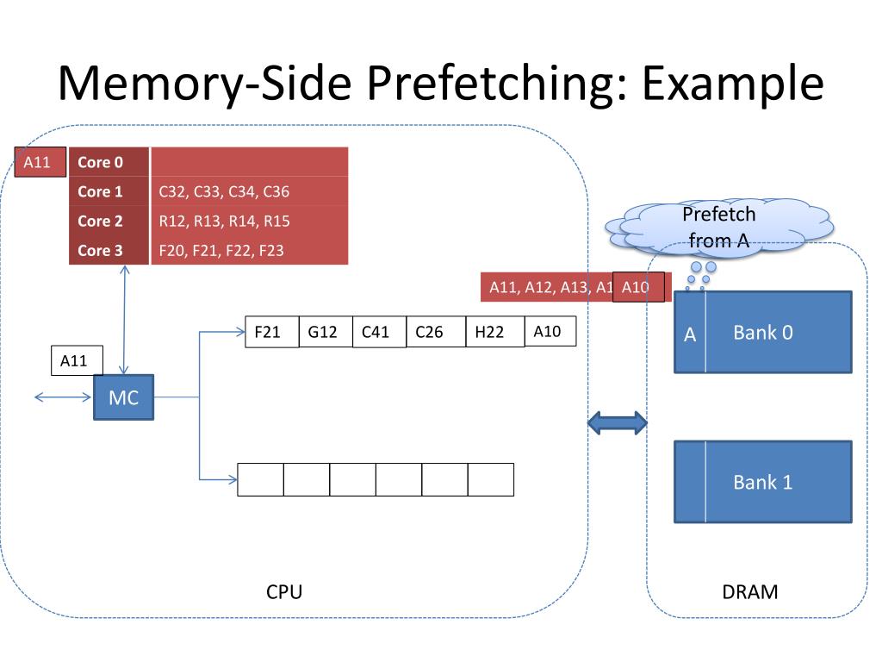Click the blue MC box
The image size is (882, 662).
point(124,397)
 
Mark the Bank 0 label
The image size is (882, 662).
point(763,333)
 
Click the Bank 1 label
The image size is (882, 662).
point(763,483)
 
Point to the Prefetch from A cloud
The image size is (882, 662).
point(719,228)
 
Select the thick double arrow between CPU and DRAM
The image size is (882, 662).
point(618,422)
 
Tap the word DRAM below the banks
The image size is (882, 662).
point(750,591)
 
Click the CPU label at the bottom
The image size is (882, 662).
point(284,591)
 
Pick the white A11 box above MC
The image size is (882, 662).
point(77,360)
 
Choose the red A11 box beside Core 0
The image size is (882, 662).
point(40,162)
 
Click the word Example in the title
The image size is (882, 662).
point(732,84)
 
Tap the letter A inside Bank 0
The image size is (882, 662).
point(690,334)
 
